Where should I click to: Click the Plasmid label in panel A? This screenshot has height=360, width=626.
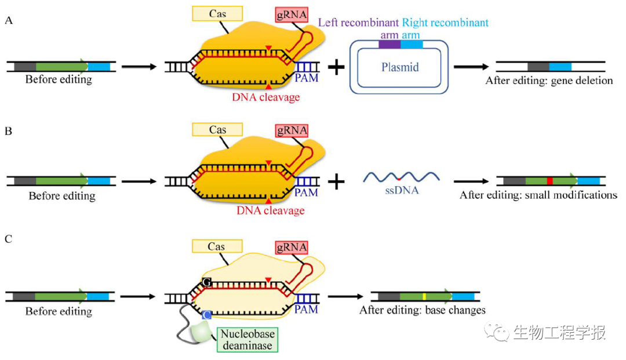pos(400,67)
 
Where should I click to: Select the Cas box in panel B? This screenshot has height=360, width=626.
pos(217,130)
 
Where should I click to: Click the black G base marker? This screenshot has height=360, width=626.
pos(206,282)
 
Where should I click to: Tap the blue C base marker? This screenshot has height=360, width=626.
pos(206,315)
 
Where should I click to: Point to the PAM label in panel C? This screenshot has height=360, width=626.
pos(306,310)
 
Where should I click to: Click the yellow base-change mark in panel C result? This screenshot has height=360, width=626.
pos(424,297)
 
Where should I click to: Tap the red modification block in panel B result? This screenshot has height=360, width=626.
pos(549,181)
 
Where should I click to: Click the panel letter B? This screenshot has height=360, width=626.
pos(9,131)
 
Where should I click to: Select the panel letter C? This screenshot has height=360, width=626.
pos(9,238)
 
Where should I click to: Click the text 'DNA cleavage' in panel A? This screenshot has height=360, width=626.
pos(266,97)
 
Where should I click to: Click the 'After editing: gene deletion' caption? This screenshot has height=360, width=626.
pos(549,81)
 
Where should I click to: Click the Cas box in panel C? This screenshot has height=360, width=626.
pos(216,247)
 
